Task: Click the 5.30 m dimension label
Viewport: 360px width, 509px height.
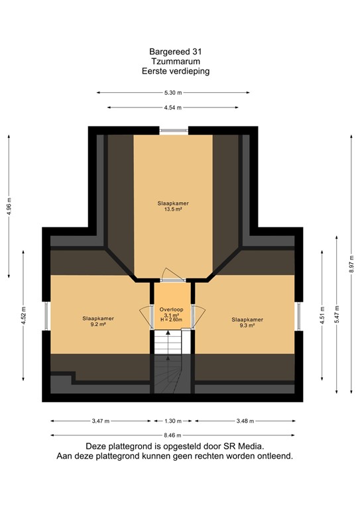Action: [173, 93]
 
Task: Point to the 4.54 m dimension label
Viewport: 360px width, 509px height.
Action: [173, 107]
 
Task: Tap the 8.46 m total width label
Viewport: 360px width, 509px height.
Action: [173, 435]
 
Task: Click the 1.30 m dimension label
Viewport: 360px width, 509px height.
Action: [173, 421]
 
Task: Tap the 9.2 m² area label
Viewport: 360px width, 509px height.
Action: [98, 325]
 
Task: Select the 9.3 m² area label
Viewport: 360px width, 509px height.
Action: [247, 325]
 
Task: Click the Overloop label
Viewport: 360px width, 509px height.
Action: [171, 310]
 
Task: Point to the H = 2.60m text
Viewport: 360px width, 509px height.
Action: [171, 321]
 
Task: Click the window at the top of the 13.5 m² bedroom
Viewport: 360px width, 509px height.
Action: [173, 130]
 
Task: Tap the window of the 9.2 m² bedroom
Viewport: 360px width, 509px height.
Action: [46, 316]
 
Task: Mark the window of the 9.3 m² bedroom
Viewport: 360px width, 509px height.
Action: [298, 316]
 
